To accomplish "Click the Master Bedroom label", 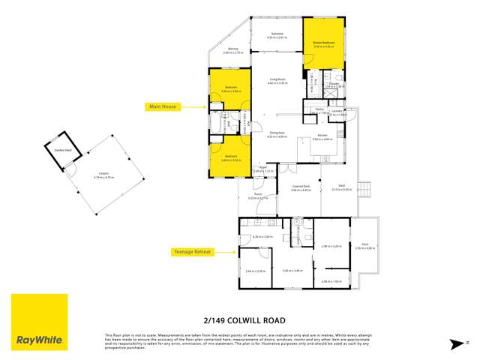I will pos(323,43).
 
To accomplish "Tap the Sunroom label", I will pos(277,34).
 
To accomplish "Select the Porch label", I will pos(258,194).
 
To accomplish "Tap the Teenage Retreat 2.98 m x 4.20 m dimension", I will pos(331,246).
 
